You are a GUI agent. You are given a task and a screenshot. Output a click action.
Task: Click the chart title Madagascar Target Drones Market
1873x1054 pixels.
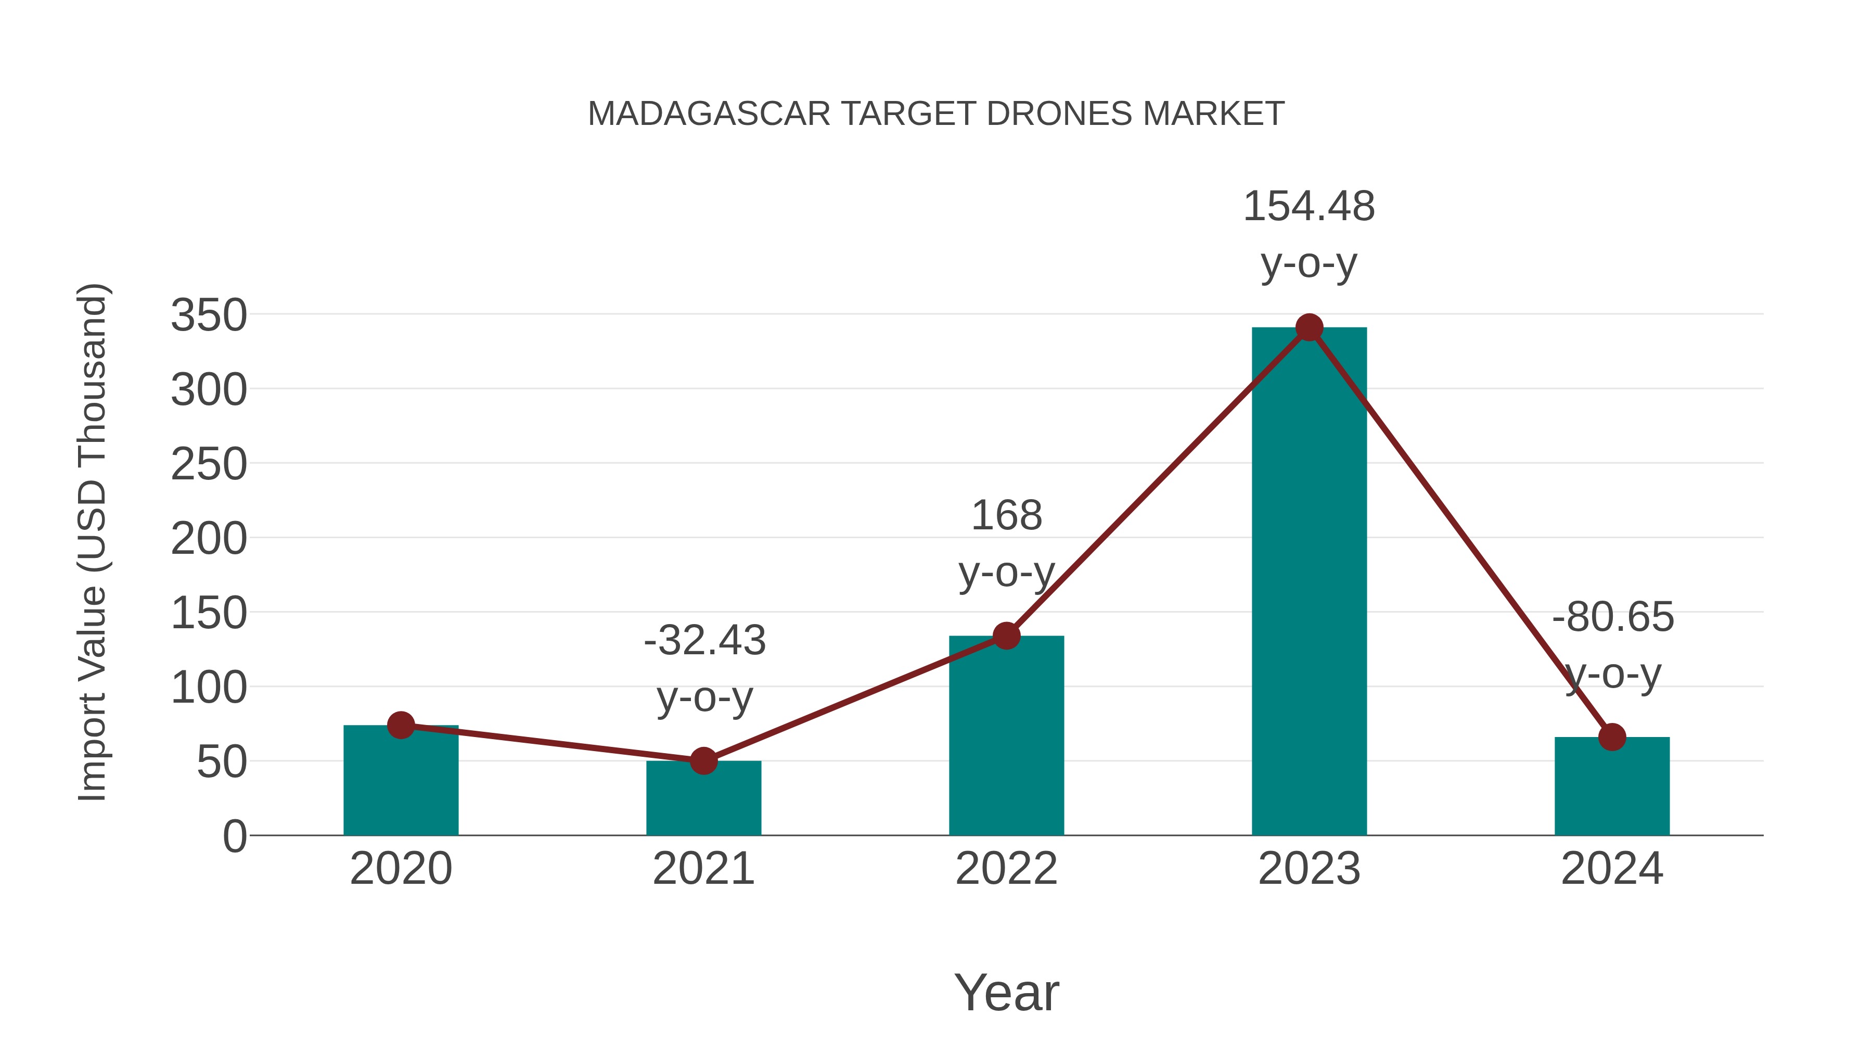pyautogui.click(x=936, y=114)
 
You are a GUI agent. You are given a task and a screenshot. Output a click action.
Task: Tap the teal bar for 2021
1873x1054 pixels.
pyautogui.click(x=703, y=800)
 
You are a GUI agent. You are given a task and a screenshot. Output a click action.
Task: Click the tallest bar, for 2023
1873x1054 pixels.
pyautogui.click(x=1309, y=582)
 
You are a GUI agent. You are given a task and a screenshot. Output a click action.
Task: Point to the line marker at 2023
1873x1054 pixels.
pyautogui.click(x=1309, y=328)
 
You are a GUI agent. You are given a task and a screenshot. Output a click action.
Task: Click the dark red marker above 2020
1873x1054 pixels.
pyautogui.click(x=401, y=725)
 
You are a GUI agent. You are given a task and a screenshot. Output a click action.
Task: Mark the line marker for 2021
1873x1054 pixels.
pyautogui.click(x=703, y=761)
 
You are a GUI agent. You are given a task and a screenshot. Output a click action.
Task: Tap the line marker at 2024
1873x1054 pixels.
pyautogui.click(x=1612, y=737)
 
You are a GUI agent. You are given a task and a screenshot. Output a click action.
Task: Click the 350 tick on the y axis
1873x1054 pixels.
pyautogui.click(x=209, y=316)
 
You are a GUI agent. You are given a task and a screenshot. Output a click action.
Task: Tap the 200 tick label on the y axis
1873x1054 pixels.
pyautogui.click(x=209, y=539)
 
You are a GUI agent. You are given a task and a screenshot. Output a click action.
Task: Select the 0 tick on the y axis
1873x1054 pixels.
pyautogui.click(x=234, y=836)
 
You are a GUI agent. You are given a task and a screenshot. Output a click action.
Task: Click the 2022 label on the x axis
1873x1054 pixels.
pyautogui.click(x=1006, y=869)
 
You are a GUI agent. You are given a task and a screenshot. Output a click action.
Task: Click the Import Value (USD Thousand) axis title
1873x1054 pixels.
pyautogui.click(x=92, y=542)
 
